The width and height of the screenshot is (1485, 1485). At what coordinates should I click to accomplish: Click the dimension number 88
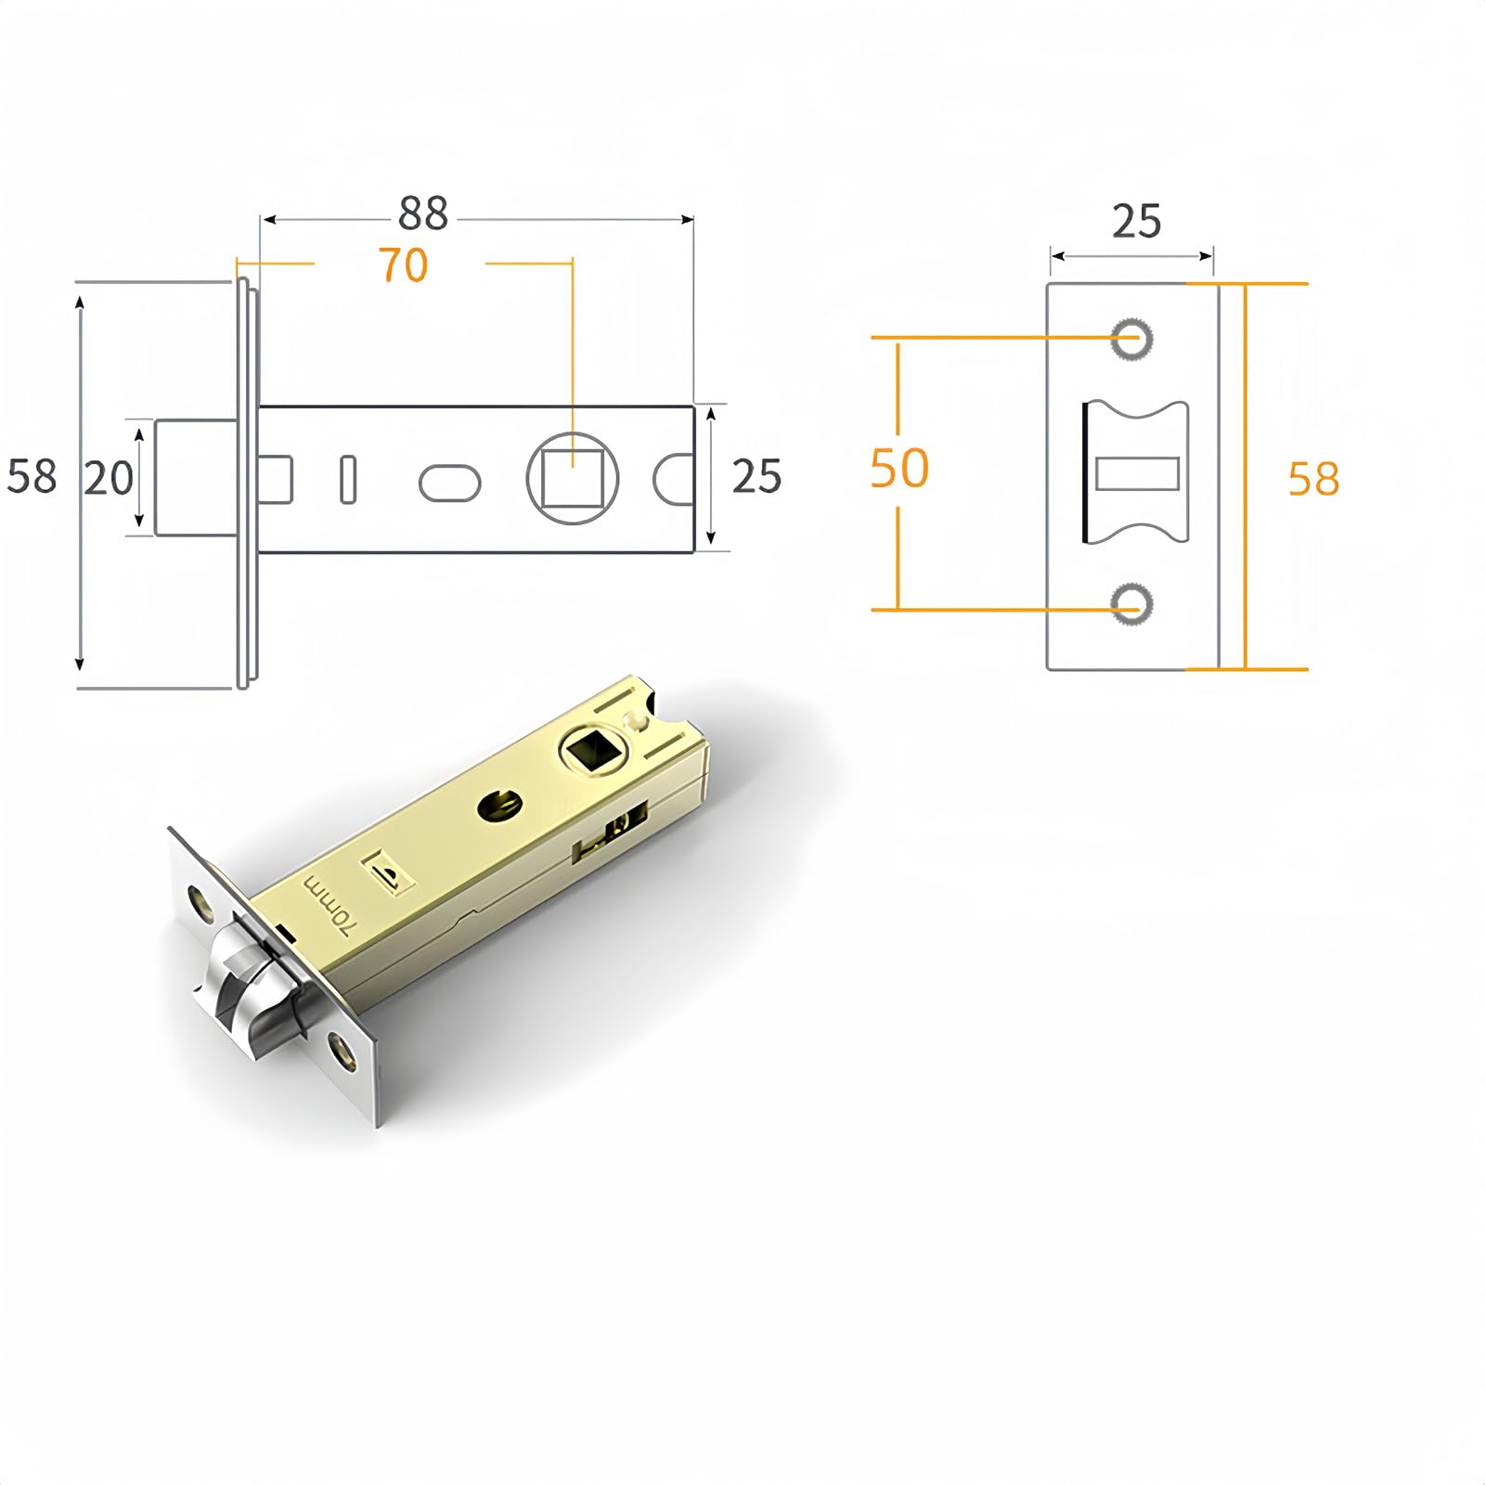pos(423,214)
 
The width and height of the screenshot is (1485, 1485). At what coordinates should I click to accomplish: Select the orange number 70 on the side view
pos(403,265)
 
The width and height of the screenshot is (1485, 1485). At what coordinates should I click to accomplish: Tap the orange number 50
pos(899,469)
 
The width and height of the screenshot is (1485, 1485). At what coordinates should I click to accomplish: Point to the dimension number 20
pos(110,479)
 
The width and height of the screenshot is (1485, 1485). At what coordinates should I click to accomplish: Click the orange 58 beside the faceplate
pos(1313,480)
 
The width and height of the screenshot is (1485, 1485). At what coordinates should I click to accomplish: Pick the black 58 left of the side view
pos(32,477)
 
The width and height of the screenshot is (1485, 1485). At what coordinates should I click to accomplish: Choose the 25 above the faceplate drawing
pos(1136,223)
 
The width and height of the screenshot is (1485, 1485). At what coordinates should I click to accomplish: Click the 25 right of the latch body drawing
pos(756,477)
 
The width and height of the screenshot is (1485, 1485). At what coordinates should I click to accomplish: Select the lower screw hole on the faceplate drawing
pos(1132,604)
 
